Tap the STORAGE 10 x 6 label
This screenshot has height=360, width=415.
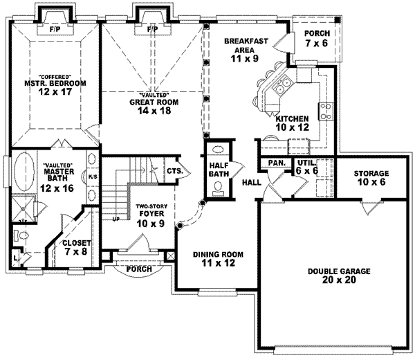click(x=371, y=178)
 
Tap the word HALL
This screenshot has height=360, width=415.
click(x=251, y=181)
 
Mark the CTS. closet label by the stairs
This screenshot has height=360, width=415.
click(x=174, y=170)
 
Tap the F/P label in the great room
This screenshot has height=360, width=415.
click(x=153, y=29)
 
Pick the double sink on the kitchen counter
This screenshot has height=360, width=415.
click(x=283, y=87)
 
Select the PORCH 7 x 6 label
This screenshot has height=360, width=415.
click(x=317, y=38)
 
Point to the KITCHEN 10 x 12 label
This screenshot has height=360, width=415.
click(x=293, y=123)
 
